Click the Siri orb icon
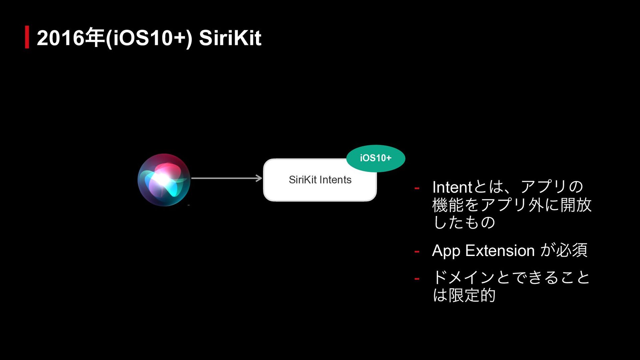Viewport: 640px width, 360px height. pyautogui.click(x=164, y=180)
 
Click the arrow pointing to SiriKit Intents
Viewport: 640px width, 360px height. pyautogui.click(x=226, y=178)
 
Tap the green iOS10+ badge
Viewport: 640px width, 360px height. pyautogui.click(x=376, y=158)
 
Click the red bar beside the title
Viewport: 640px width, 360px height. pyautogui.click(x=27, y=37)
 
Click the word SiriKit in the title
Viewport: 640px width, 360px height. pyautogui.click(x=230, y=38)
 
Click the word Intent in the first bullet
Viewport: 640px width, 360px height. pyautogui.click(x=452, y=187)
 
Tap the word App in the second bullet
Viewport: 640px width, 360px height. pyautogui.click(x=446, y=251)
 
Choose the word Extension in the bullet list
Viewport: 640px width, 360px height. pyautogui.click(x=500, y=251)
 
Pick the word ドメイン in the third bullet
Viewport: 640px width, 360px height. pyautogui.click(x=463, y=277)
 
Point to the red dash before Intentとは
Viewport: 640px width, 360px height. pyautogui.click(x=417, y=189)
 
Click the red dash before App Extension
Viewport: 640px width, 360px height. pyautogui.click(x=417, y=252)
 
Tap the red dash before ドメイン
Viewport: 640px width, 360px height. pyautogui.click(x=417, y=279)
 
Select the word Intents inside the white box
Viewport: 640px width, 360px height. pyautogui.click(x=336, y=180)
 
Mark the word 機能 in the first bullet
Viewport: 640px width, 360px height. pyautogui.click(x=448, y=205)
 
